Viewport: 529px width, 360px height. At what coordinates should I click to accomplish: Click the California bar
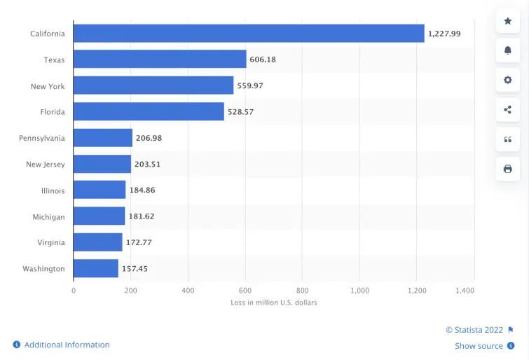tap(249, 34)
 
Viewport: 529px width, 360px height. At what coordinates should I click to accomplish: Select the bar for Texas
tap(160, 60)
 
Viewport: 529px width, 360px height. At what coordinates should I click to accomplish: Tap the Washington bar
tap(96, 268)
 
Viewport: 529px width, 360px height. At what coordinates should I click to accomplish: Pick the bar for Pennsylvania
tap(103, 138)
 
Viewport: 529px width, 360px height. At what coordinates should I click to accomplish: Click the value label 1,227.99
tap(444, 34)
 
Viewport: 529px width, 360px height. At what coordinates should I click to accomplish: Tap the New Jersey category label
tap(45, 165)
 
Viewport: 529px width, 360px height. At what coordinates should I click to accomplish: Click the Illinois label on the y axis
tap(53, 191)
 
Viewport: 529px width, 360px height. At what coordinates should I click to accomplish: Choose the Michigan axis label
tap(48, 217)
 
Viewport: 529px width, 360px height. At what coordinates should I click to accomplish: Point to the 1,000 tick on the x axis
tap(359, 290)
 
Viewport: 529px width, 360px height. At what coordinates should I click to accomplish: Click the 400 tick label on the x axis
tap(188, 290)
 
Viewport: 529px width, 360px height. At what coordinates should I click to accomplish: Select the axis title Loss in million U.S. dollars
tap(274, 303)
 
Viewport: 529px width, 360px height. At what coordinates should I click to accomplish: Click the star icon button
tap(508, 21)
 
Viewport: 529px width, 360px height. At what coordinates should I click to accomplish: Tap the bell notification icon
tap(508, 50)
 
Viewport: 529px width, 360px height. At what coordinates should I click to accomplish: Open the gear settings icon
tap(508, 80)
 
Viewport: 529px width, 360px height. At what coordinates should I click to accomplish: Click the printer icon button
tap(508, 169)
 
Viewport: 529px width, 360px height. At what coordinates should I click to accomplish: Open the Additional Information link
tap(67, 345)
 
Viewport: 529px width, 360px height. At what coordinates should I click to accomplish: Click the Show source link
tap(479, 345)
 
